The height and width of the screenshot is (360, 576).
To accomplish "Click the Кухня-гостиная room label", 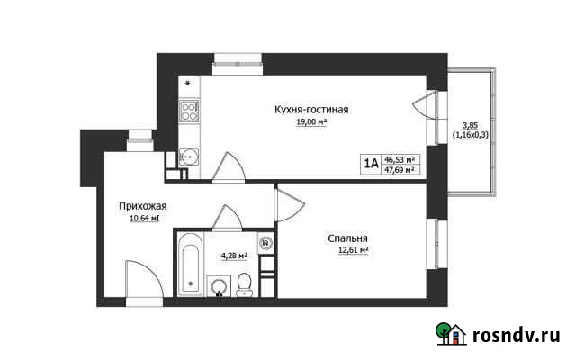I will pos(311,110).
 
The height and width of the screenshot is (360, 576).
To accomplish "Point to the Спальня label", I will pos(347,238).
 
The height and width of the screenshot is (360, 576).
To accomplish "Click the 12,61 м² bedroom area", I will pos(347,250).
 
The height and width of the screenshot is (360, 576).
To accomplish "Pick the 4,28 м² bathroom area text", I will pos(234,256).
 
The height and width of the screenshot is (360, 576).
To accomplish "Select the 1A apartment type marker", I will pos(370,163).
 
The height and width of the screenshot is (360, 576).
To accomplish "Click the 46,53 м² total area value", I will pos(399,157).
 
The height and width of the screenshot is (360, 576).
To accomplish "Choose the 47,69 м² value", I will pos(399,168).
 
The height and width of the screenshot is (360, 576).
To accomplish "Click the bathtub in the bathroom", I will pos(190,265).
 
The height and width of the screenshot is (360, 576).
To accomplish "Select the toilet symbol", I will pos(243,286).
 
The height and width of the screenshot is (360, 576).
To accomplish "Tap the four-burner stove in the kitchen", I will pos(189,111).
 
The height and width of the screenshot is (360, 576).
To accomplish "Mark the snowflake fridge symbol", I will pos(188,85).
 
